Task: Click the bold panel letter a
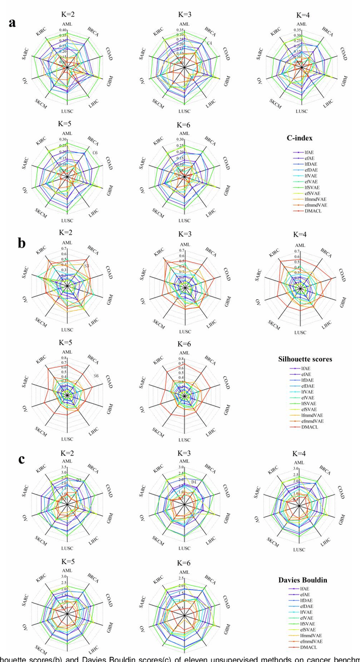(x=12, y=23)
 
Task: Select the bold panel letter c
(x=21, y=458)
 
